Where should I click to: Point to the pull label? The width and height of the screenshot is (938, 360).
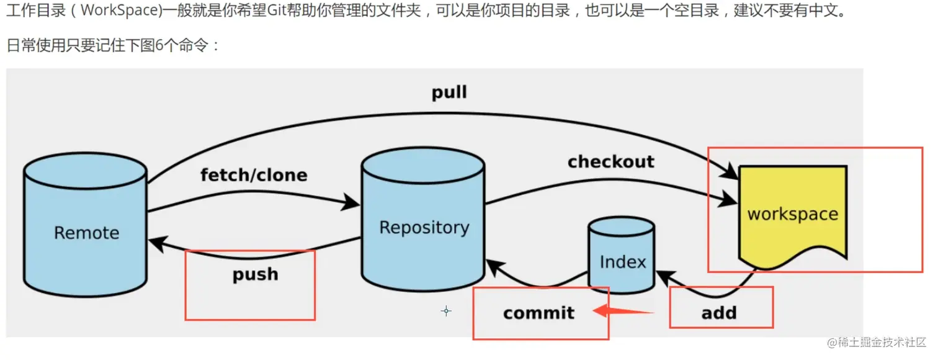449,93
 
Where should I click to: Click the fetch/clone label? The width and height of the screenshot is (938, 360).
254,175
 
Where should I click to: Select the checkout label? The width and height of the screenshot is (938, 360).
610,162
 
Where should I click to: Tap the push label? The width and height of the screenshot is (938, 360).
255,274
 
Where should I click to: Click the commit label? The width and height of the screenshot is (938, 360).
538,313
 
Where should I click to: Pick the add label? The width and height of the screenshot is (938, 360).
719,313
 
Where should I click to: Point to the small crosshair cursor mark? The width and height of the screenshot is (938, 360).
446,311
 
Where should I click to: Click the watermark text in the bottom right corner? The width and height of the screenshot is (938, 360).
875,343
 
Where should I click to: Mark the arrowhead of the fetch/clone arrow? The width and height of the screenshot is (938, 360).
352,202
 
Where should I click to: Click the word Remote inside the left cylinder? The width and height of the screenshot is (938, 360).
86,233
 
